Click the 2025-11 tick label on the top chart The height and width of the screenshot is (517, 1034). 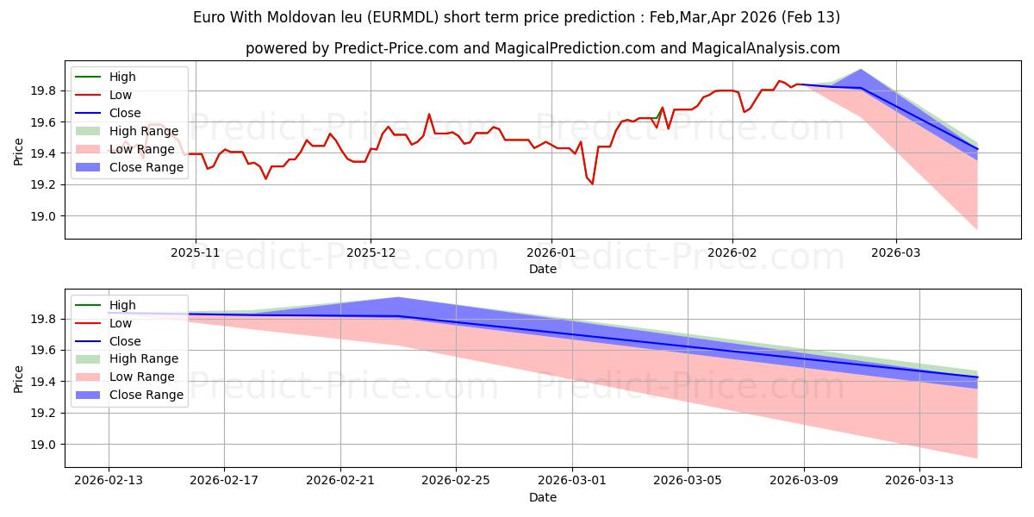(x=196, y=252)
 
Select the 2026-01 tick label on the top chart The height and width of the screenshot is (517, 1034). (x=551, y=252)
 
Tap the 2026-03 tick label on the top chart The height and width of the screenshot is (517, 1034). (x=896, y=252)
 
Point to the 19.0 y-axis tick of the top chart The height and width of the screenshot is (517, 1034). (x=45, y=216)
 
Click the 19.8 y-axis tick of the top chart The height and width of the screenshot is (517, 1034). (x=45, y=90)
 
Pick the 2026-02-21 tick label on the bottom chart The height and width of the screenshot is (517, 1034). (x=340, y=480)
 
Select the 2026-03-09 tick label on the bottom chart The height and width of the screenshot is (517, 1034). (x=804, y=480)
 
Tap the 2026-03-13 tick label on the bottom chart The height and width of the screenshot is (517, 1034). (x=920, y=480)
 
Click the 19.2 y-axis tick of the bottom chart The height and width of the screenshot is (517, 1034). (x=45, y=414)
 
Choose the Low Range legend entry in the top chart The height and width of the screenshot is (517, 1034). (x=141, y=150)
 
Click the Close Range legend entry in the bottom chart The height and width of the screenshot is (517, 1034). (x=146, y=395)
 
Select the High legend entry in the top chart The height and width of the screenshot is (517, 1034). (x=122, y=77)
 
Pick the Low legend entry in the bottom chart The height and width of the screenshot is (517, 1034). (x=121, y=323)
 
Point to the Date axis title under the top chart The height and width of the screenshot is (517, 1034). (x=543, y=269)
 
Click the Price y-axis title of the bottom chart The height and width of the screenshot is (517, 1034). (x=19, y=377)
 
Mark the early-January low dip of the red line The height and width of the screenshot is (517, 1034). (x=592, y=184)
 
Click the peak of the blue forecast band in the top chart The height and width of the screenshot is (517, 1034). (x=861, y=70)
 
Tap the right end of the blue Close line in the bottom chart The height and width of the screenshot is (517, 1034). (x=977, y=377)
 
